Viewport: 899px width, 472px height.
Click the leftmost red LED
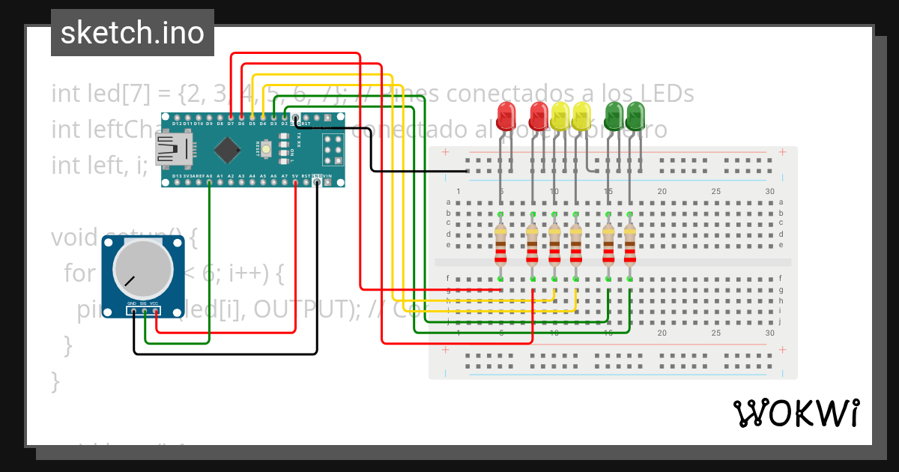507,117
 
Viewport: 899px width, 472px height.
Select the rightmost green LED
635,117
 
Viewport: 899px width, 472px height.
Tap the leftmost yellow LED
560,117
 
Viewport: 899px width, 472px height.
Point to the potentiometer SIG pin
144,310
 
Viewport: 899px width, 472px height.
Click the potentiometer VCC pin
155,310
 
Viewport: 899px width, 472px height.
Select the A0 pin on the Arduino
209,181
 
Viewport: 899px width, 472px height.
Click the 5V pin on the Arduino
295,181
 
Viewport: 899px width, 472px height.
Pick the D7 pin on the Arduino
231,118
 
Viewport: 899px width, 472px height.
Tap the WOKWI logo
796,413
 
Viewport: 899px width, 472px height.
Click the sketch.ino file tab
132,33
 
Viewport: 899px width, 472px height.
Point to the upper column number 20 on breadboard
662,192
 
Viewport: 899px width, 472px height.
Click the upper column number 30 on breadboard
769,192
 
